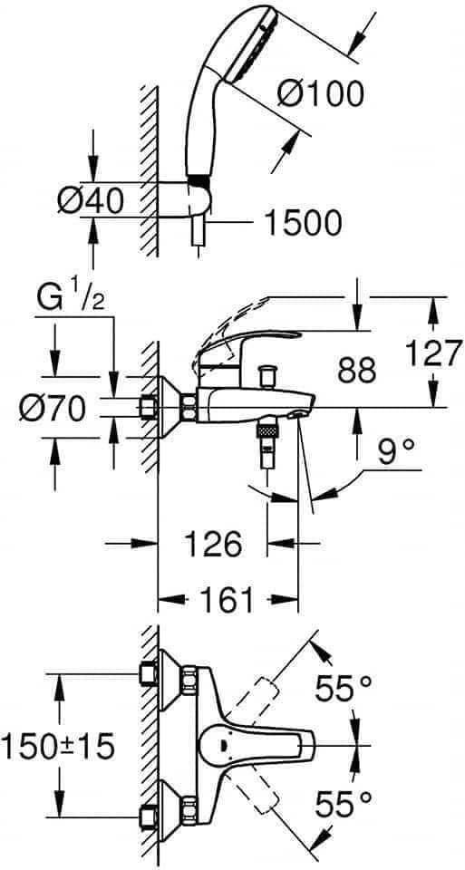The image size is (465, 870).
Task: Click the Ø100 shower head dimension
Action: (320, 94)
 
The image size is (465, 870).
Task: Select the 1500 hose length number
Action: (302, 224)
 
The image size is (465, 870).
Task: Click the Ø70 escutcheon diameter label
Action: (53, 410)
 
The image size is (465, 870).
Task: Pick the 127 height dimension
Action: (433, 352)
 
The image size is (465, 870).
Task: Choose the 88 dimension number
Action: (357, 371)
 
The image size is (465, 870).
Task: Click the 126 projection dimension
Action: (214, 544)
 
